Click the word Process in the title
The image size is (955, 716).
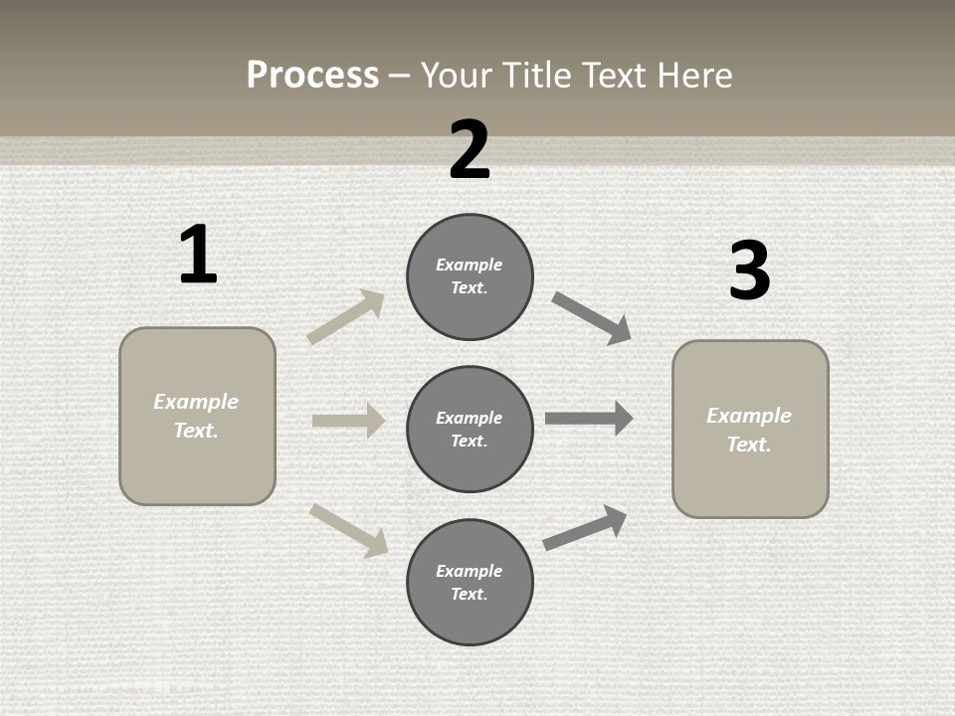point(312,76)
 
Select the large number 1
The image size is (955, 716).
point(198,255)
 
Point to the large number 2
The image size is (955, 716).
point(470,150)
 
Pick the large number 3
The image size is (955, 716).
point(749,271)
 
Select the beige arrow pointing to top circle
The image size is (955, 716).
point(346,317)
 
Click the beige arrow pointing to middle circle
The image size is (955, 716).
point(348,421)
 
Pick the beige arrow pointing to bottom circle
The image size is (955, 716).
point(348,530)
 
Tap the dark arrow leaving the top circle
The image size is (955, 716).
point(592,318)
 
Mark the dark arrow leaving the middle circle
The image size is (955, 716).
point(589,418)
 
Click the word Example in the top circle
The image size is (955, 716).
point(470,265)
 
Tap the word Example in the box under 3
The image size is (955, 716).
point(749,416)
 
